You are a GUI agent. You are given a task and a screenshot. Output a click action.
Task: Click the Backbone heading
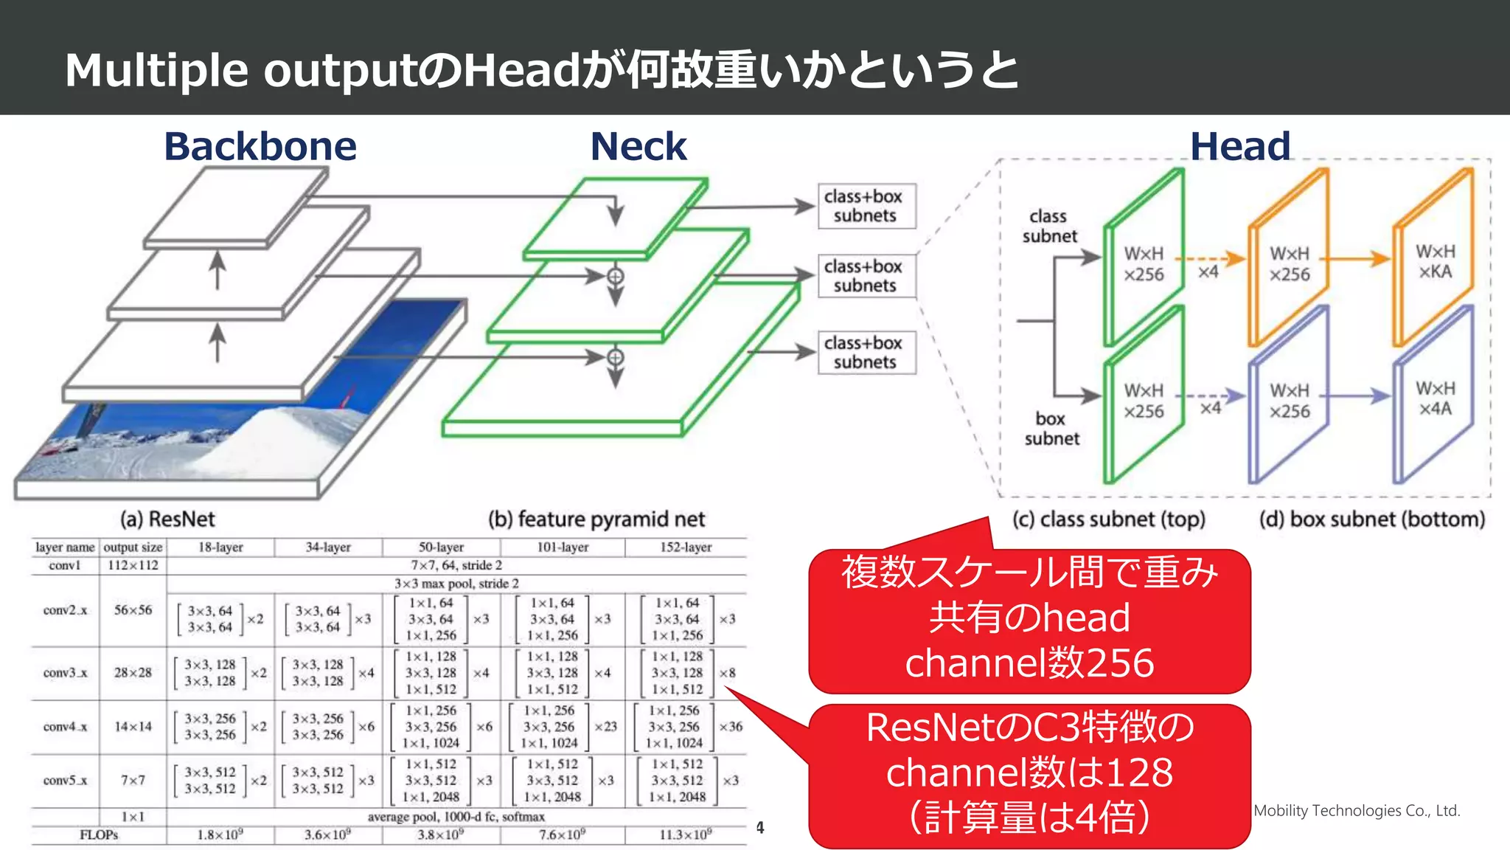260,146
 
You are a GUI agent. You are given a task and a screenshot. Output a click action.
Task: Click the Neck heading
639,146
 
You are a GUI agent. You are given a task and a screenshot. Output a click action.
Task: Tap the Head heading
1240,146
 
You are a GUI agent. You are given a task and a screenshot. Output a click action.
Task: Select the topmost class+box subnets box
866,206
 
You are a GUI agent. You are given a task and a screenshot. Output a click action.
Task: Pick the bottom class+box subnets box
866,353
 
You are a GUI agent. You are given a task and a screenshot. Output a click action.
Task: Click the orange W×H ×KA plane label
1435,261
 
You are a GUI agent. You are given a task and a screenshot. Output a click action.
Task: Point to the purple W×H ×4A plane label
1435,398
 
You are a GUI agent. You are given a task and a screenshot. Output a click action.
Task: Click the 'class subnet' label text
1049,226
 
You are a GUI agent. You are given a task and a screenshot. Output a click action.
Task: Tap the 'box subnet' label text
1051,429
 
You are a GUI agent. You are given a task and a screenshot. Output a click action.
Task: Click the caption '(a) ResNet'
167,519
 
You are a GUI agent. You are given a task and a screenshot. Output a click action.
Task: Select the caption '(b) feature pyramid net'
596,519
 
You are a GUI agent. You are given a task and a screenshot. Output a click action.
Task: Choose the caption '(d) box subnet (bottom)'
1371,519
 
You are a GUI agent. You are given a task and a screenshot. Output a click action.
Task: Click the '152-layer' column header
686,547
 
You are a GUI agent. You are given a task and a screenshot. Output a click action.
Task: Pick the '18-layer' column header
220,547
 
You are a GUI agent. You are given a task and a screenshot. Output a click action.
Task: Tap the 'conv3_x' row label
65,673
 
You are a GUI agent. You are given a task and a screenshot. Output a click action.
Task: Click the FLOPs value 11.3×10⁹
686,835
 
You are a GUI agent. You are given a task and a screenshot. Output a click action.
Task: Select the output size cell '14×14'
133,727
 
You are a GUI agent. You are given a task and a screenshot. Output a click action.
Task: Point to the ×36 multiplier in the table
731,727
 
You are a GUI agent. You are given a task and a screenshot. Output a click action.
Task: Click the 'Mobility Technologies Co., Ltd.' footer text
1357,810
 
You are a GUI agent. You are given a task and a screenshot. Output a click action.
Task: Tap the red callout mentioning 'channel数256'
1029,620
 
